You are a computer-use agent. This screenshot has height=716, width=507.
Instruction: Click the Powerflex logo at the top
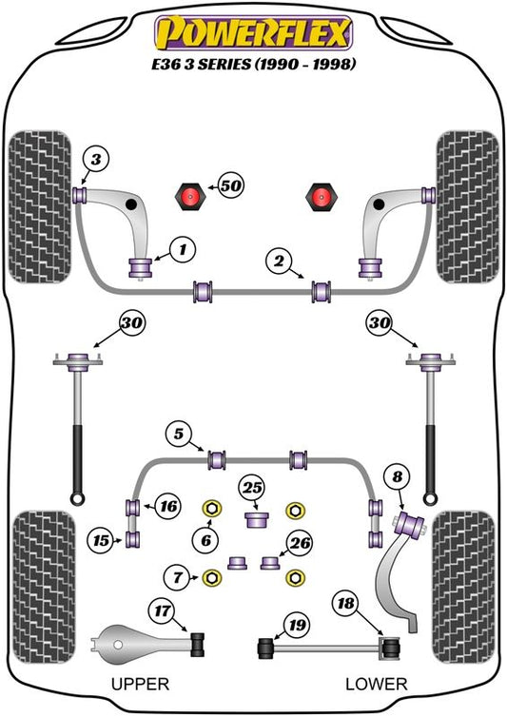click(x=253, y=33)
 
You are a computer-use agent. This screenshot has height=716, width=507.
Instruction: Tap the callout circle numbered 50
click(x=230, y=185)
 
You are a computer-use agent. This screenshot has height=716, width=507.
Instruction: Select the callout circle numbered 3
click(x=96, y=160)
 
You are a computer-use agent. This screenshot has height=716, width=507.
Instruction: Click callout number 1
click(x=183, y=250)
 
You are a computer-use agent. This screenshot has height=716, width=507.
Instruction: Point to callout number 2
click(x=279, y=261)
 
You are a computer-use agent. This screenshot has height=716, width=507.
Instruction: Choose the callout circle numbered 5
click(x=179, y=434)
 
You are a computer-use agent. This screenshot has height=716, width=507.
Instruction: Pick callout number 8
click(x=398, y=477)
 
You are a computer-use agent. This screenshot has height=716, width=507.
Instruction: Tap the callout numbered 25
click(x=253, y=488)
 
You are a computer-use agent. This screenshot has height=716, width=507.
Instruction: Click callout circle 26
click(x=300, y=543)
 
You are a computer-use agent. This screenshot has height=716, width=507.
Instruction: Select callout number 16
click(x=168, y=506)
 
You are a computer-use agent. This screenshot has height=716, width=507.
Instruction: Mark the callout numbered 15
click(x=102, y=541)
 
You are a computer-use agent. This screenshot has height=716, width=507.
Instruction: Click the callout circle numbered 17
click(x=162, y=610)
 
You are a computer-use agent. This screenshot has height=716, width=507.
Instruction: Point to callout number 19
click(x=297, y=625)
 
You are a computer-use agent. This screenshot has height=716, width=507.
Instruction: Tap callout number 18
click(x=345, y=604)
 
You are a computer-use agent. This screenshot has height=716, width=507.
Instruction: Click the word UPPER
click(x=140, y=684)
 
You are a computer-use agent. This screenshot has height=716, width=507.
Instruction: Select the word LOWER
click(x=377, y=684)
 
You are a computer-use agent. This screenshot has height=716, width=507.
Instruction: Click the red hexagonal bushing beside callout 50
click(x=189, y=196)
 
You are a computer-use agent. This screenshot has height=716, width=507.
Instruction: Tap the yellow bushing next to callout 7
click(x=212, y=577)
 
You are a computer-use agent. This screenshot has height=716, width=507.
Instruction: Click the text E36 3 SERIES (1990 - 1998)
click(x=253, y=64)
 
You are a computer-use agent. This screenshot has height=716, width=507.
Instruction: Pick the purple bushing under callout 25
click(x=256, y=520)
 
